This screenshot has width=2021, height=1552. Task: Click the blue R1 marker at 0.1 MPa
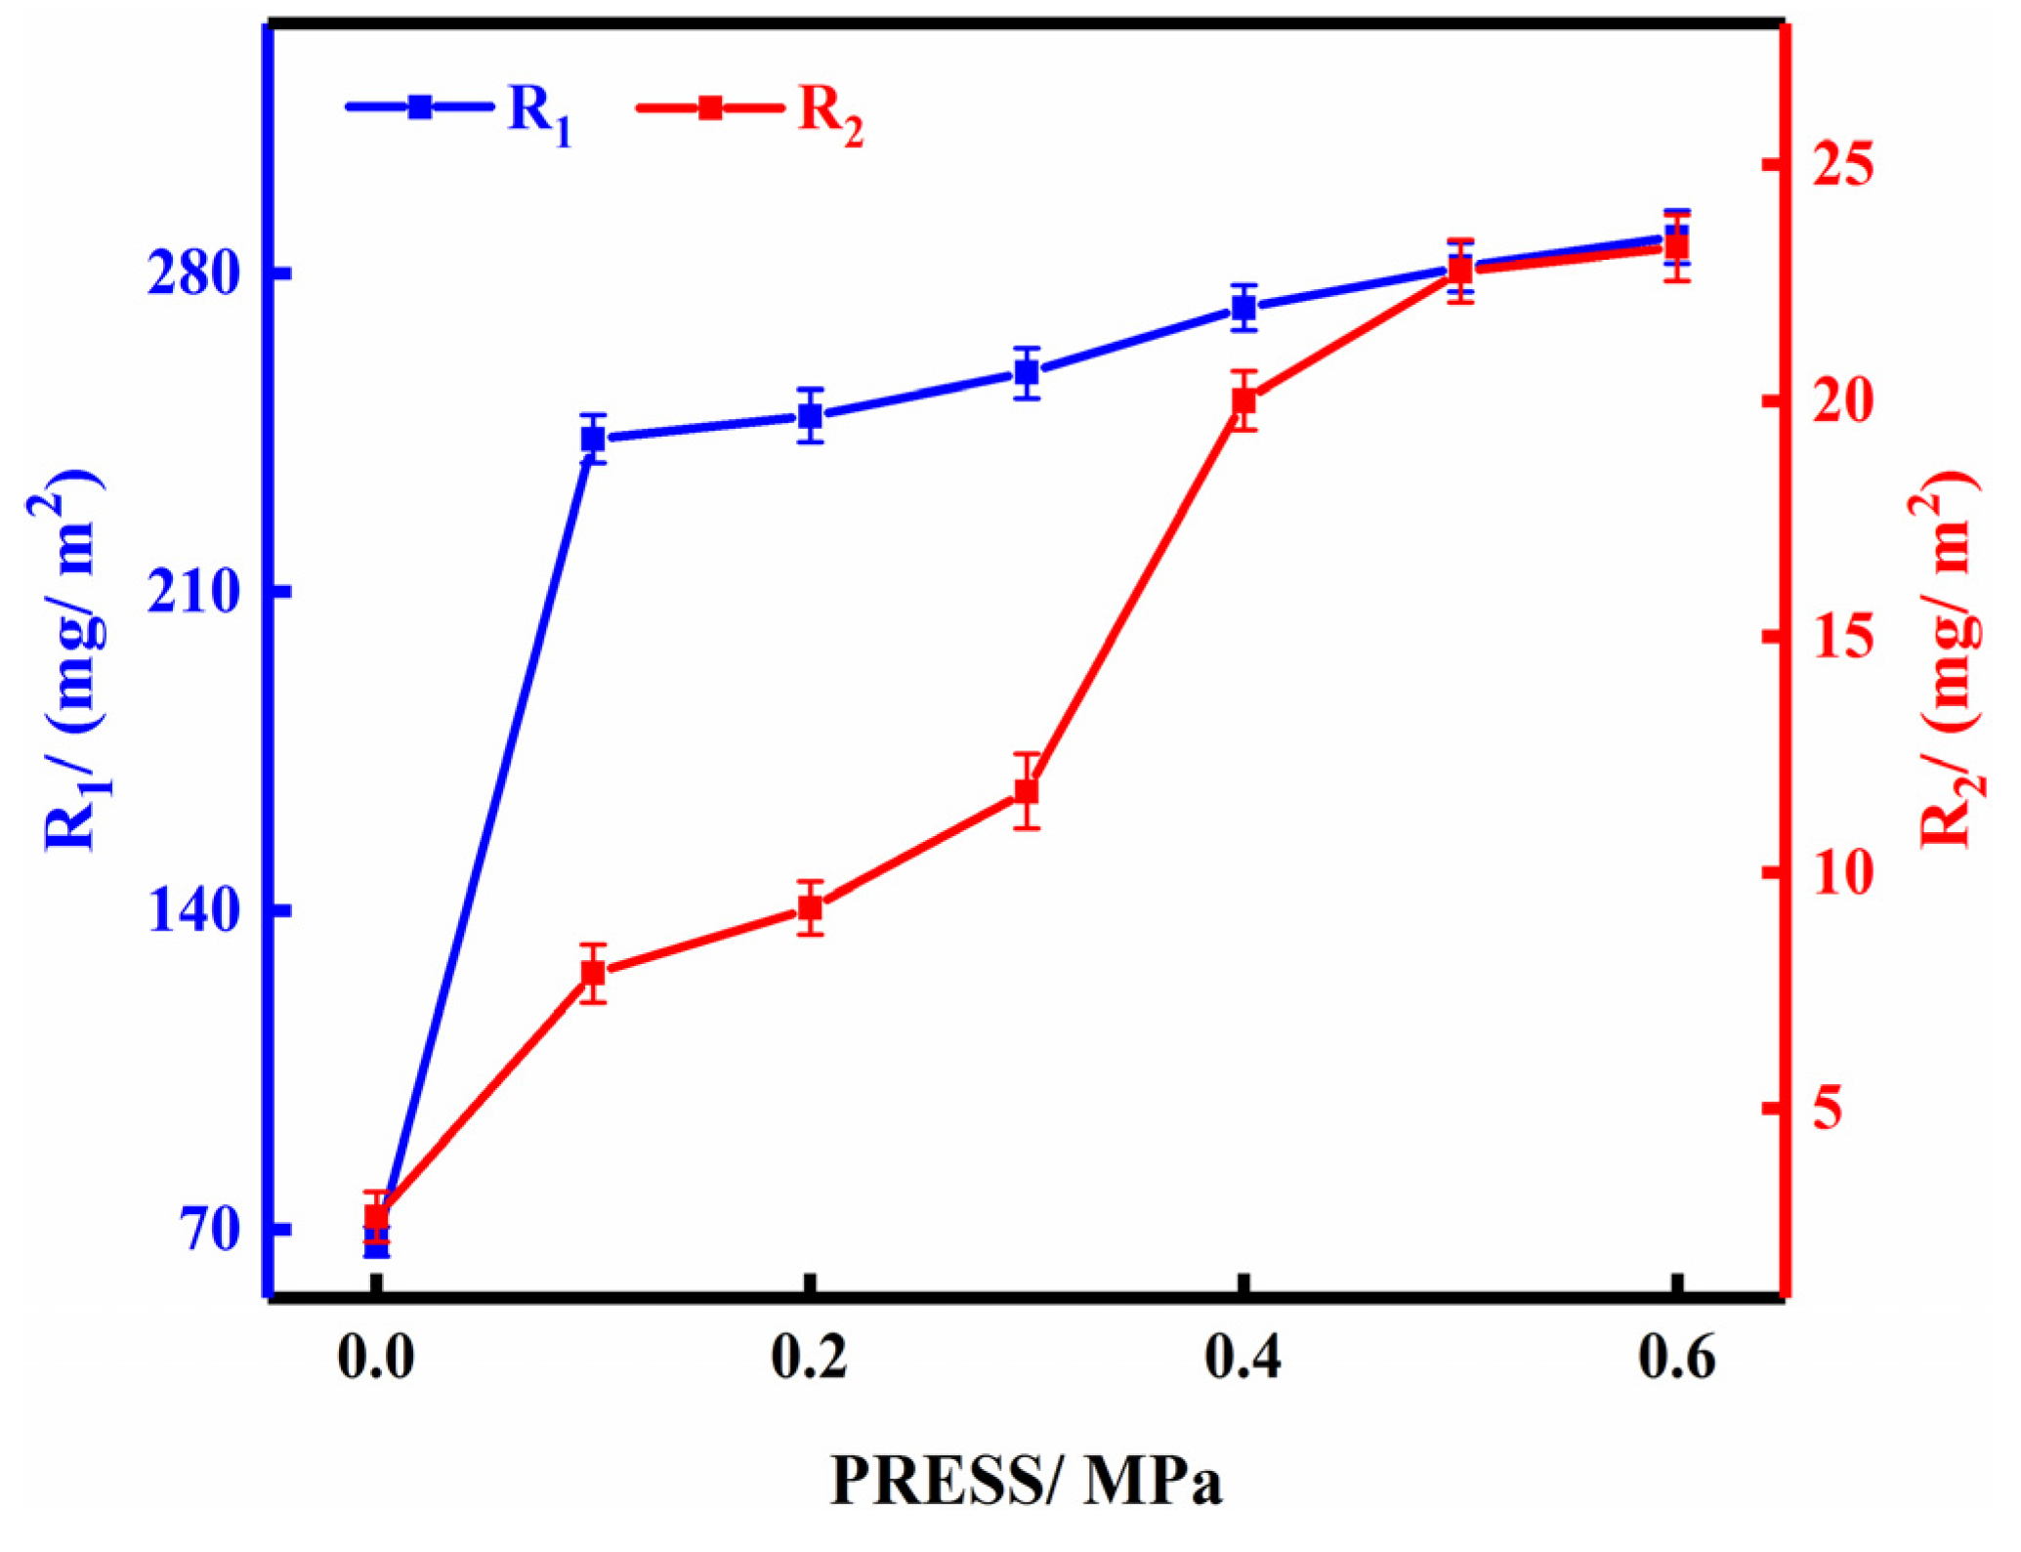click(x=593, y=439)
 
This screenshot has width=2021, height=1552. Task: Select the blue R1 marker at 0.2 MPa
click(x=809, y=416)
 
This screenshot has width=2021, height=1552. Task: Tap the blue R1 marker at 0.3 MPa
click(x=1026, y=372)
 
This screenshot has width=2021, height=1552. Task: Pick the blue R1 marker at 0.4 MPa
click(x=1243, y=308)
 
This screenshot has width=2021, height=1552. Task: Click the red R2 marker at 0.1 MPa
click(x=593, y=973)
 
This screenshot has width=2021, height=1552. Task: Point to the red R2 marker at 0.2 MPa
click(x=809, y=908)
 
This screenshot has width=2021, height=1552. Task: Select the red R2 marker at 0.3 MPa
click(x=1026, y=791)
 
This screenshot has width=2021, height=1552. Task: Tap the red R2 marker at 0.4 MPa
click(x=1243, y=400)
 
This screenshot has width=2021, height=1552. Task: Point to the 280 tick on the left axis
click(x=194, y=274)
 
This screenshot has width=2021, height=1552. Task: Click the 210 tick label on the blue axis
click(x=194, y=592)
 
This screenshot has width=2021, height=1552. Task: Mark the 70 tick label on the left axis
click(x=211, y=1230)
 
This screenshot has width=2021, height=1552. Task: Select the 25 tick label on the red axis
click(x=1843, y=164)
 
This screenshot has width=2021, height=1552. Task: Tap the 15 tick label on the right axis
click(x=1843, y=637)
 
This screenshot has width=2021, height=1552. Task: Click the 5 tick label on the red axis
click(x=1829, y=1109)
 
